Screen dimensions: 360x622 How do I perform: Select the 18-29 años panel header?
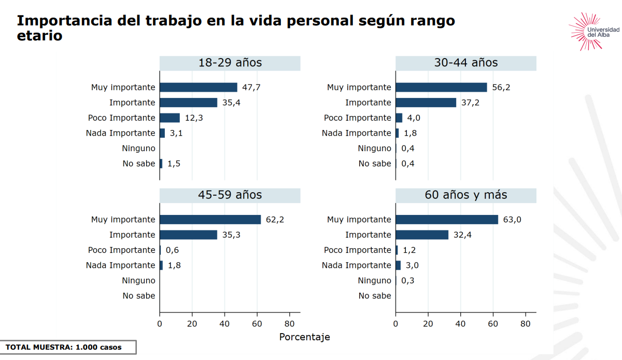[230, 63]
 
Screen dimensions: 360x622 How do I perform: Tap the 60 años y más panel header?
[465, 195]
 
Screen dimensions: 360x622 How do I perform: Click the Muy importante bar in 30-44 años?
[441, 88]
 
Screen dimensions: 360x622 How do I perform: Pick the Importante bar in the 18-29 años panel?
[188, 103]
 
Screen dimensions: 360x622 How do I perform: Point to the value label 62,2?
[275, 220]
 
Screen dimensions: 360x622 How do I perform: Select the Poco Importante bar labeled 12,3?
[169, 118]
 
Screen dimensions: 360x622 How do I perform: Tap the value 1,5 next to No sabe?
[174, 164]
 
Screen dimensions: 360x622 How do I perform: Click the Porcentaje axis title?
[304, 337]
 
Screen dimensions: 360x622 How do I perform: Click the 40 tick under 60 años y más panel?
[460, 324]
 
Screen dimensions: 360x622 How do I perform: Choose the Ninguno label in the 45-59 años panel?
[138, 281]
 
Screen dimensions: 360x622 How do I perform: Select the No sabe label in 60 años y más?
[375, 296]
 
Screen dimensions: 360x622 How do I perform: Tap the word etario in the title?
[39, 36]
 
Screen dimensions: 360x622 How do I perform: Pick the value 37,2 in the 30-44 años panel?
[471, 103]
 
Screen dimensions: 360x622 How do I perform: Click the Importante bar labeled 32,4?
[422, 235]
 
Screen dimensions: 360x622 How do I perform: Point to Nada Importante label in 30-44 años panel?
[357, 133]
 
